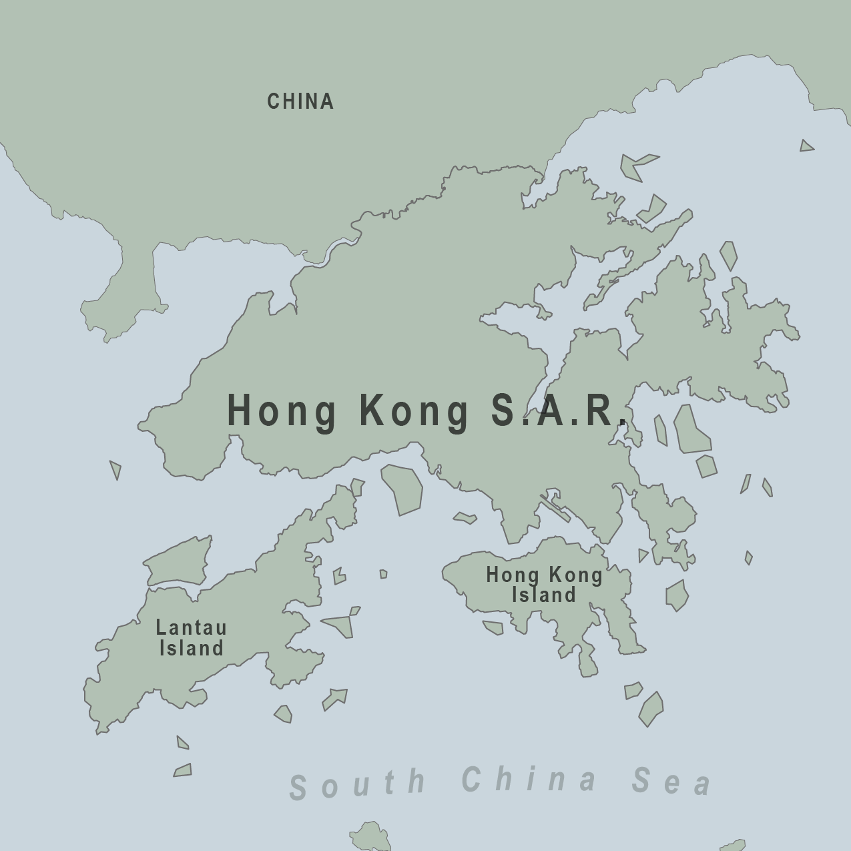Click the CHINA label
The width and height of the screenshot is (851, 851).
(x=300, y=101)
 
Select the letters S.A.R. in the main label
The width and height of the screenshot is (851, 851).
(x=558, y=410)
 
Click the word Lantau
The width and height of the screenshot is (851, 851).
(x=192, y=627)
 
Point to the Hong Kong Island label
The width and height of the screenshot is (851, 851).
(x=544, y=585)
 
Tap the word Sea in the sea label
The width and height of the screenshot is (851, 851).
(x=671, y=781)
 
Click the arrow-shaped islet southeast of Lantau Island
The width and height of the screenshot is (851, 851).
(x=334, y=698)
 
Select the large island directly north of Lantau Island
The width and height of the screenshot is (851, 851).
(x=178, y=562)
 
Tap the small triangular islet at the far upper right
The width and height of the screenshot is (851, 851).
(x=806, y=146)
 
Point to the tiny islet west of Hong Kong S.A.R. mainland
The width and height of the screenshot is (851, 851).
(x=116, y=469)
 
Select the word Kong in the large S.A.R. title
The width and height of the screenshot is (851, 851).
(x=414, y=410)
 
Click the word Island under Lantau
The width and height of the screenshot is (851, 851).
(x=192, y=648)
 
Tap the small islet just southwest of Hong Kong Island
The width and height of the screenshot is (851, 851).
(x=493, y=627)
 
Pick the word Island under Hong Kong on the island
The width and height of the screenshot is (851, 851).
(x=544, y=595)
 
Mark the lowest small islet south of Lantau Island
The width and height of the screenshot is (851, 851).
(x=183, y=770)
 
